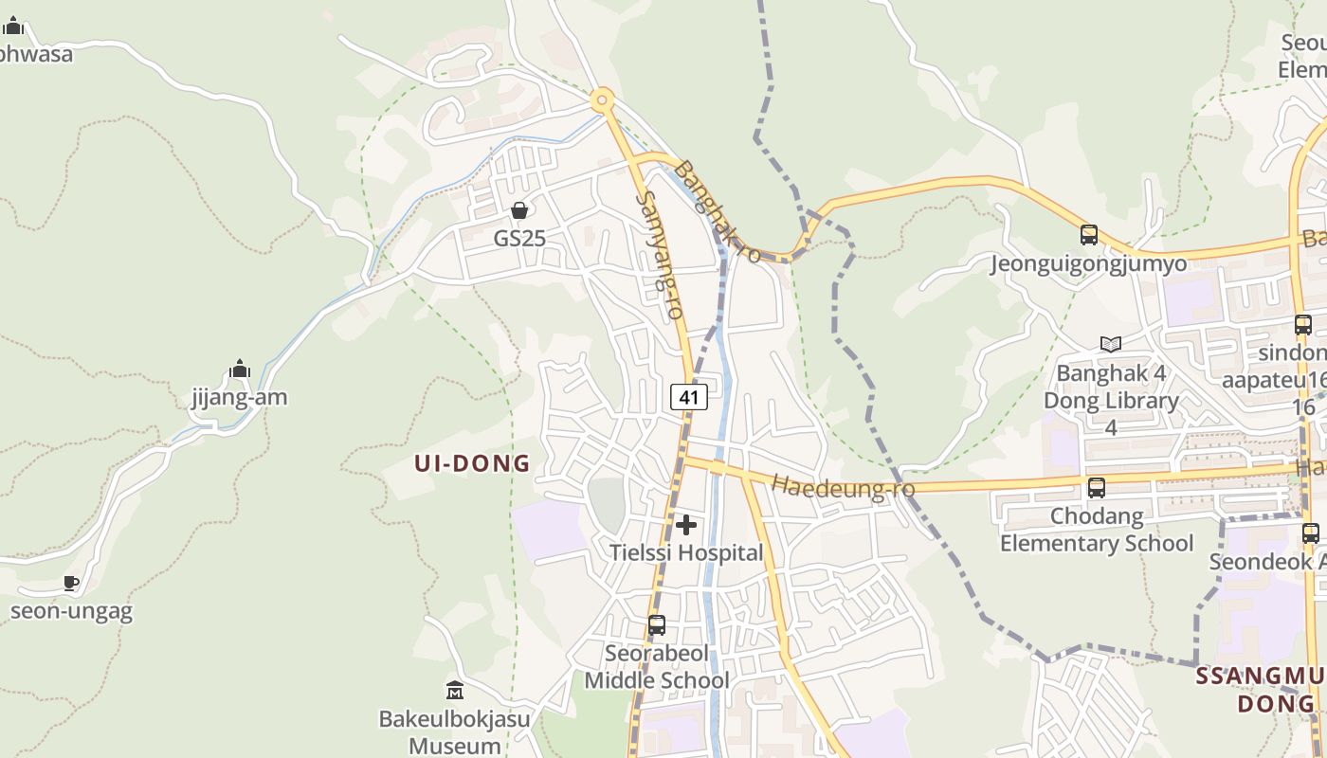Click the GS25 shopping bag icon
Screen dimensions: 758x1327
pyautogui.click(x=518, y=210)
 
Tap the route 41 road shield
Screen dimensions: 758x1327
pyautogui.click(x=689, y=397)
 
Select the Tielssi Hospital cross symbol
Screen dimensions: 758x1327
pyautogui.click(x=686, y=525)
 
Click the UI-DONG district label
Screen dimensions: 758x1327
pyautogui.click(x=472, y=463)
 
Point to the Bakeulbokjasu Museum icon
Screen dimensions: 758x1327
pyautogui.click(x=454, y=691)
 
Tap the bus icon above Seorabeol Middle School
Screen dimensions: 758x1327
pyautogui.click(x=656, y=625)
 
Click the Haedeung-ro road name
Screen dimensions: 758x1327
pyautogui.click(x=843, y=486)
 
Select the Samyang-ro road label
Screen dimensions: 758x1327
pyautogui.click(x=661, y=254)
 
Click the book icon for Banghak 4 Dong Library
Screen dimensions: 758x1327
pyautogui.click(x=1111, y=344)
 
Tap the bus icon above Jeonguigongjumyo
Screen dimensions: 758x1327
pyautogui.click(x=1089, y=234)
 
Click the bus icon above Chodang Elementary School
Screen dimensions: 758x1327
pyautogui.click(x=1097, y=488)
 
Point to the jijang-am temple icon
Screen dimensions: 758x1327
pyautogui.click(x=240, y=370)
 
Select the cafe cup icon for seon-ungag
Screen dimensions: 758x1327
pyautogui.click(x=70, y=583)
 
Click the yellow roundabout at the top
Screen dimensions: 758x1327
pyautogui.click(x=601, y=100)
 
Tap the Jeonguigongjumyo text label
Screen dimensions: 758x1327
pyautogui.click(x=1089, y=263)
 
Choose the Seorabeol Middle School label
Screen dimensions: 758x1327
pyautogui.click(x=657, y=667)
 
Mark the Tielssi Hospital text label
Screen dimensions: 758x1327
pyautogui.click(x=686, y=552)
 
